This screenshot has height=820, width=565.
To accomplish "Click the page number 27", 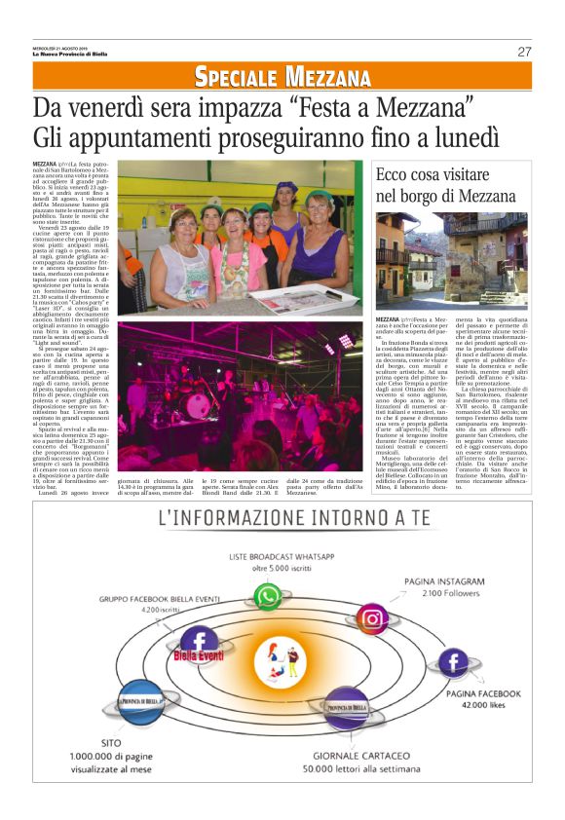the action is (x=524, y=52).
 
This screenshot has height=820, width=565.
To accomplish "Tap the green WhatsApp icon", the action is (x=268, y=596).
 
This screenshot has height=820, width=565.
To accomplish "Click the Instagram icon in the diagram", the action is (x=372, y=618).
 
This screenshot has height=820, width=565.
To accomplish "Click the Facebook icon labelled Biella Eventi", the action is (x=201, y=644).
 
